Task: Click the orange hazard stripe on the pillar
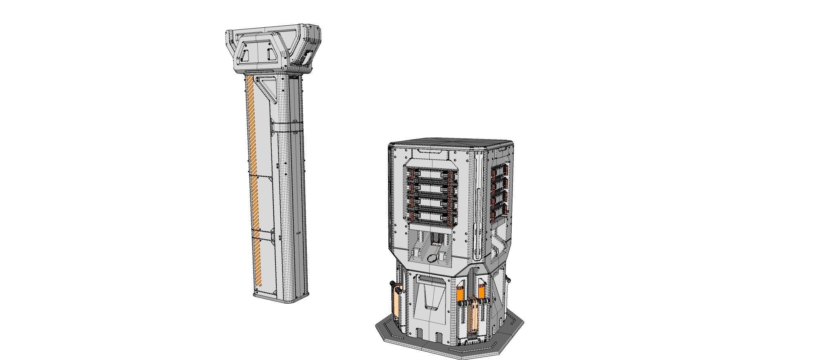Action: click(253, 180)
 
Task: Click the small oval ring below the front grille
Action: click(432, 258)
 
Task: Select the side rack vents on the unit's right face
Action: click(500, 192)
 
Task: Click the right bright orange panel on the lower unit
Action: click(481, 293)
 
